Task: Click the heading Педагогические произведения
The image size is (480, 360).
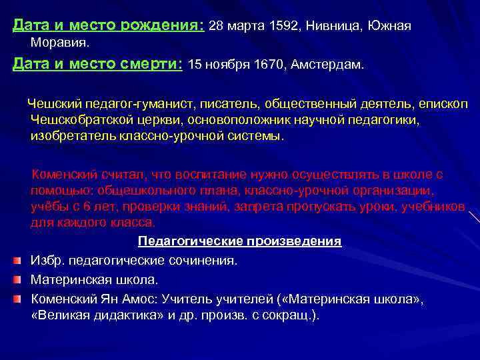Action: (x=239, y=241)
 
